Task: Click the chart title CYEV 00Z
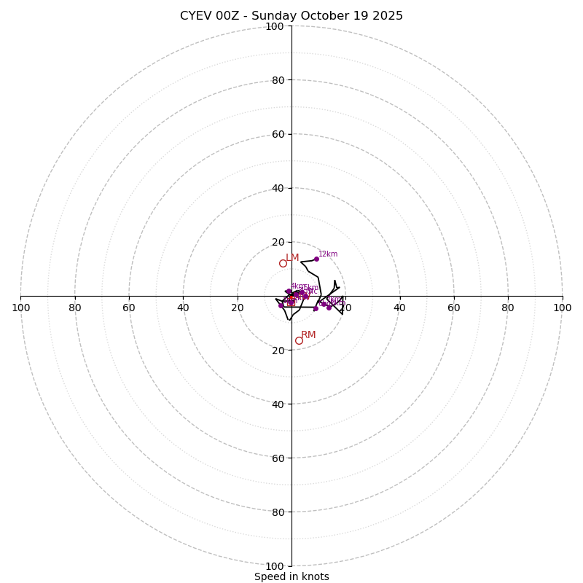(291, 16)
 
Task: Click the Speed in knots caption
(291, 576)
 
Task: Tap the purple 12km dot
(316, 259)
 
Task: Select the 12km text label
(328, 254)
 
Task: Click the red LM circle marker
(283, 263)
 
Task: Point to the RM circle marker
(299, 340)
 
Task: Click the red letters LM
(292, 257)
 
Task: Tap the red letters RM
(308, 335)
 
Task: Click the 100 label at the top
(275, 27)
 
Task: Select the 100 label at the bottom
(275, 566)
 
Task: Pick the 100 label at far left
(21, 308)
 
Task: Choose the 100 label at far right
(562, 308)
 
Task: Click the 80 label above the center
(277, 80)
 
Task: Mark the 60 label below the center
(277, 458)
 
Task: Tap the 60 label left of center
(129, 308)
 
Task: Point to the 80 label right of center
(508, 308)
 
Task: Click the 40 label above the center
(277, 188)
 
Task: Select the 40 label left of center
(183, 308)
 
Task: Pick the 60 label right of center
(454, 308)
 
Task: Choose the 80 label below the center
(277, 512)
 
